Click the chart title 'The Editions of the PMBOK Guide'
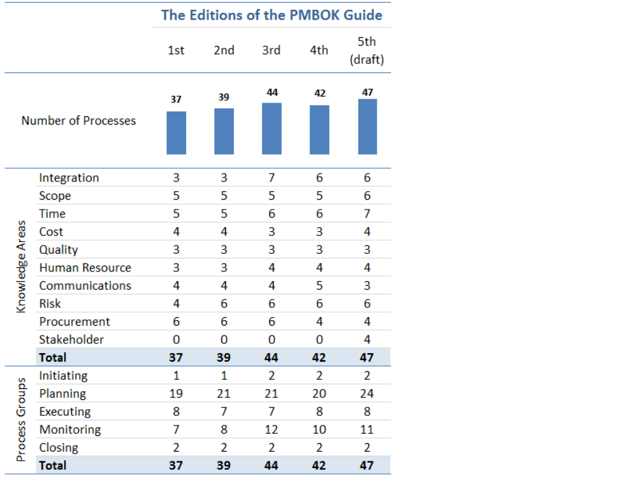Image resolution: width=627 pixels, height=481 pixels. [272, 15]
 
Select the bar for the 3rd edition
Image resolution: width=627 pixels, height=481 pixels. [272, 129]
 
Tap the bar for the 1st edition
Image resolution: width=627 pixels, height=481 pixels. [176, 132]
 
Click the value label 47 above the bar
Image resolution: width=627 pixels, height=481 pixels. [367, 92]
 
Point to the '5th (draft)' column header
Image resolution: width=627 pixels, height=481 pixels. [367, 50]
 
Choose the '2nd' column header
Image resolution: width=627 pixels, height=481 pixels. [224, 50]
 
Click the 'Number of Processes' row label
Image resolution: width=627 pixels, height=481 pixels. [78, 121]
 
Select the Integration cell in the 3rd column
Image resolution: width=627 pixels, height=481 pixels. [272, 178]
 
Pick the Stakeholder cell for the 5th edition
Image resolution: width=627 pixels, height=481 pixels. [367, 339]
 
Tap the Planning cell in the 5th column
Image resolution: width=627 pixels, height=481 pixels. [367, 394]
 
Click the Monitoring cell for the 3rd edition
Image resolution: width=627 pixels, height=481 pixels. [272, 429]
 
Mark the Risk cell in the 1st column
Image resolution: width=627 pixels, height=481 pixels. [176, 303]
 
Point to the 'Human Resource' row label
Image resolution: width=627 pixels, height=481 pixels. [85, 268]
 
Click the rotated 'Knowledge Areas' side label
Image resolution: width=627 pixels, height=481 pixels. [22, 267]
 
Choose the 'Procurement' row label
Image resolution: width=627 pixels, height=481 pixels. [74, 322]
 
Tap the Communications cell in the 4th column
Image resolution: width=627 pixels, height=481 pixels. [319, 286]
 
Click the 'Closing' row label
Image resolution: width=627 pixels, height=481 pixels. [59, 448]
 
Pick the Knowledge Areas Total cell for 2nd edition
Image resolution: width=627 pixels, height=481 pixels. [224, 358]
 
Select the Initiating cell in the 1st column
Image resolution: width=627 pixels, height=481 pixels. [176, 376]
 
